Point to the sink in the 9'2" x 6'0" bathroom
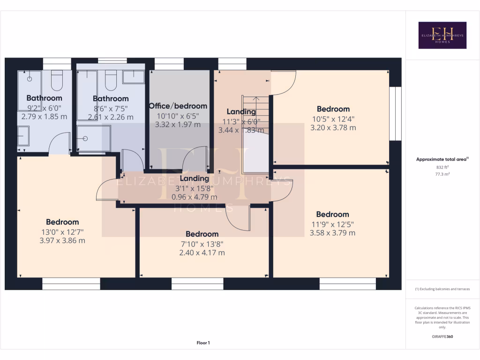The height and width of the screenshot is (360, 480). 23,136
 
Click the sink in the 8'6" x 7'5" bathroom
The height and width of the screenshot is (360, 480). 133,77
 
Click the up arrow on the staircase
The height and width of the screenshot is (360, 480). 256,99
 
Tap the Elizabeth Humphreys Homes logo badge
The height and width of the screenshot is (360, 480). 442,35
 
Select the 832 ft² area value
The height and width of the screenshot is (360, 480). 442,167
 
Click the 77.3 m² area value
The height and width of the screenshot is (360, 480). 442,173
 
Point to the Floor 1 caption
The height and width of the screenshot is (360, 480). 203,343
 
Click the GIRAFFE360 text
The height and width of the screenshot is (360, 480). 442,337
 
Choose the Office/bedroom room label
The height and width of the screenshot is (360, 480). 178,106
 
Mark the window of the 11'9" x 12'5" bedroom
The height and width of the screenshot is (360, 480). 347,284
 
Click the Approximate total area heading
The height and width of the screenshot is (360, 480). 442,159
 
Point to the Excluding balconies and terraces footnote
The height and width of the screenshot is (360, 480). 442,289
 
